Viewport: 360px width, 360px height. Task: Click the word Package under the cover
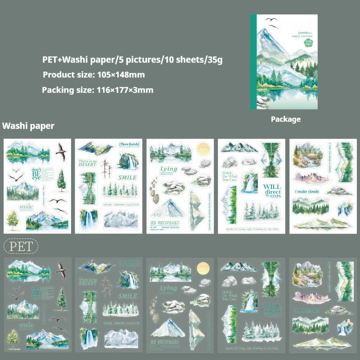pyautogui.click(x=286, y=120)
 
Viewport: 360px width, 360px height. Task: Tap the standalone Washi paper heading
pyautogui.click(x=28, y=126)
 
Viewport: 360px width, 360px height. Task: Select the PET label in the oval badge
pyautogui.click(x=21, y=246)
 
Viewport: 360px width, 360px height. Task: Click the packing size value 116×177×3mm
pyautogui.click(x=125, y=90)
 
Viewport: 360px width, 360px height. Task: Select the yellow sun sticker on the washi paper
pyautogui.click(x=203, y=149)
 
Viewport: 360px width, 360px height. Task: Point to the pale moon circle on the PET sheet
pyautogui.click(x=203, y=269)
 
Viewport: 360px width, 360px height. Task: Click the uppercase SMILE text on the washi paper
pyautogui.click(x=127, y=177)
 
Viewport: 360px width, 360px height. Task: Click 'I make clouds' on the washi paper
pyautogui.click(x=307, y=192)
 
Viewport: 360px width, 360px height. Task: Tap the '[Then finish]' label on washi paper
pyautogui.click(x=129, y=144)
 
